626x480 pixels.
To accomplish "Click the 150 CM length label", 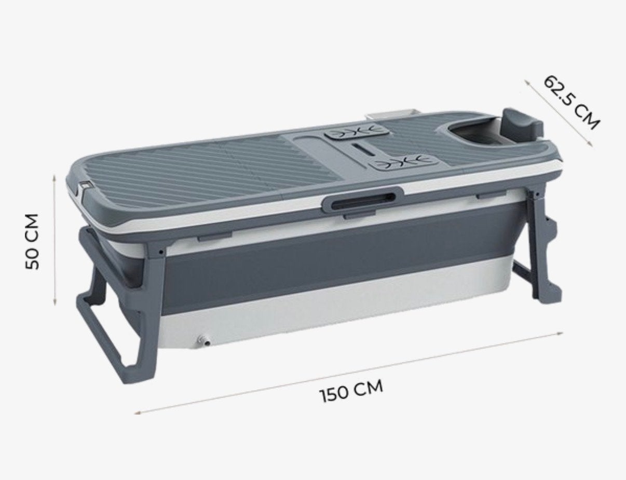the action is (351, 391).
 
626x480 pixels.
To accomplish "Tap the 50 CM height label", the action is (32, 241).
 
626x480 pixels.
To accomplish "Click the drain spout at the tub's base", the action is (203, 340).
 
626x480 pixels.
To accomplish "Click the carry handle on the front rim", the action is (362, 199).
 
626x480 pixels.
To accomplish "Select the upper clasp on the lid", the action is (357, 133).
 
